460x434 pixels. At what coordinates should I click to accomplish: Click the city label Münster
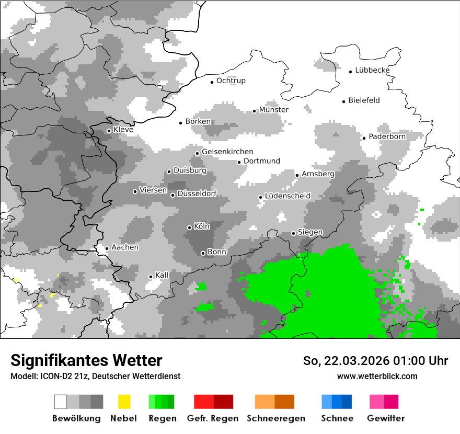274,110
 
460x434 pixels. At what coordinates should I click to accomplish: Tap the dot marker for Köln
189,227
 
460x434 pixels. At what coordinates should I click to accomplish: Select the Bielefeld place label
364,100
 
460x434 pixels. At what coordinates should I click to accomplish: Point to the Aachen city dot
107,248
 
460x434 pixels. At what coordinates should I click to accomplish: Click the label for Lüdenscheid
287,196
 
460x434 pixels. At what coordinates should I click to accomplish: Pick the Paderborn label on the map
387,136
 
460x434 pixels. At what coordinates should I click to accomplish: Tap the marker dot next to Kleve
109,131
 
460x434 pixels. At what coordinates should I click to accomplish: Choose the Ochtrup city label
231,81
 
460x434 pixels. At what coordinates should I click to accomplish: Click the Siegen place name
310,232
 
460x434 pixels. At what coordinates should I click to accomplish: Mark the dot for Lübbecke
351,72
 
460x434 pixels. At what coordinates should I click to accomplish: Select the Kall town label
162,275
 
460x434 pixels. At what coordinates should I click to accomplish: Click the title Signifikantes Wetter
86,360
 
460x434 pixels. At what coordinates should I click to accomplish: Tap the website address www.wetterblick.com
377,376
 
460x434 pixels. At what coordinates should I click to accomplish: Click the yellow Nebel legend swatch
124,402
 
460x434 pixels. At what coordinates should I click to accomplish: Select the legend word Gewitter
385,418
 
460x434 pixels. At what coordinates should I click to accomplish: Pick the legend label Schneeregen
276,418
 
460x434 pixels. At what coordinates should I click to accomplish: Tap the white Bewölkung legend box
61,402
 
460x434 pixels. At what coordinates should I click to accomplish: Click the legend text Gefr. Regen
212,418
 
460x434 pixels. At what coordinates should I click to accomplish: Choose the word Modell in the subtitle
22,376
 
